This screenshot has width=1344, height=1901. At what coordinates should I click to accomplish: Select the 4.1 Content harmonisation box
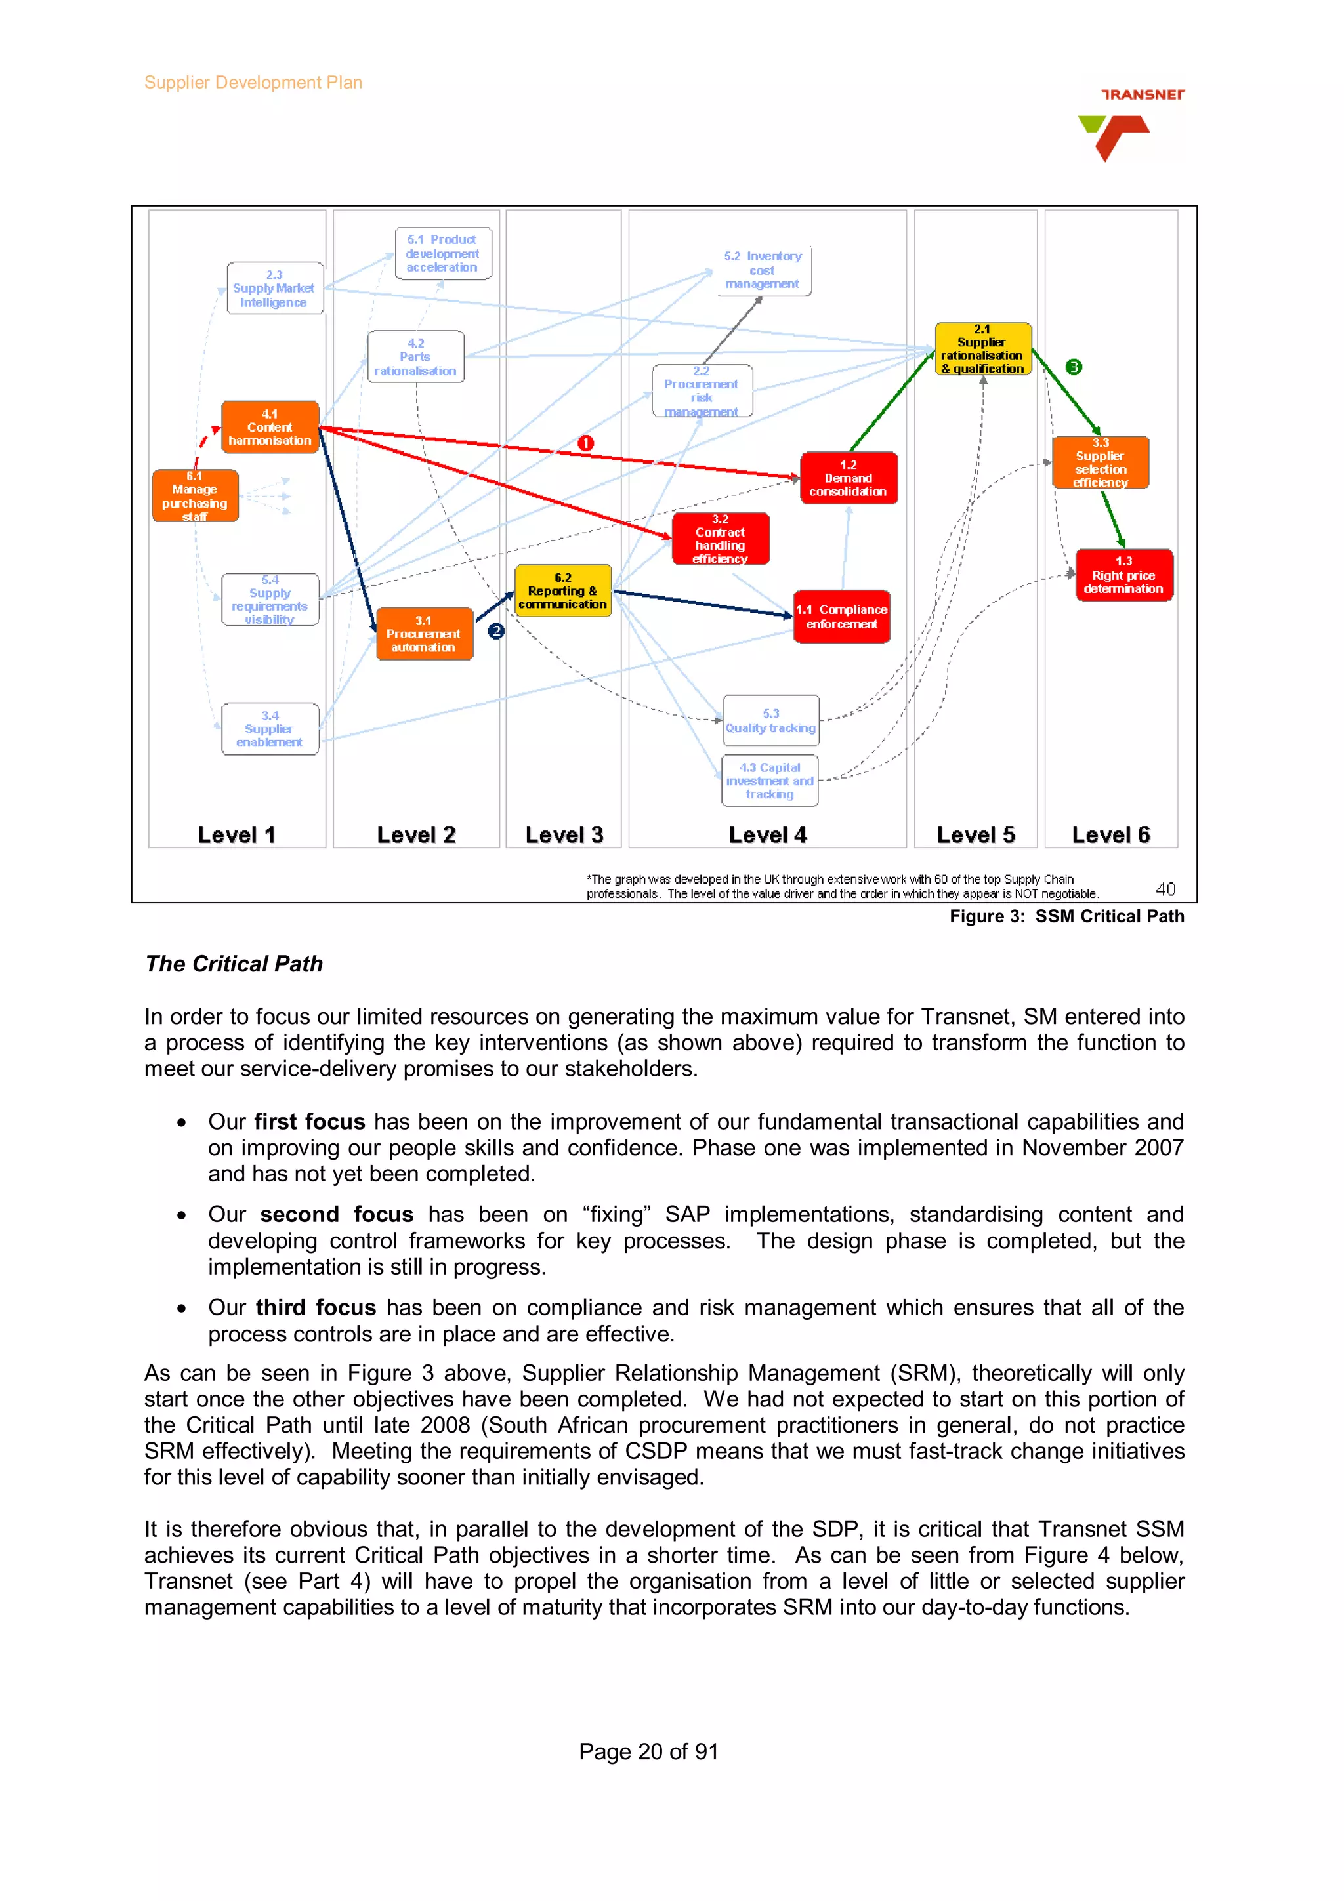pyautogui.click(x=270, y=427)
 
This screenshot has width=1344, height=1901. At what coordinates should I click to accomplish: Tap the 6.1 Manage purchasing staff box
pyautogui.click(x=195, y=496)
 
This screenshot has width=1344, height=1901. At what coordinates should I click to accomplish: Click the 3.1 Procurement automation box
pyautogui.click(x=424, y=634)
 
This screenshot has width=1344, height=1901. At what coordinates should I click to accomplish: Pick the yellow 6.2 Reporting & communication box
pyautogui.click(x=562, y=590)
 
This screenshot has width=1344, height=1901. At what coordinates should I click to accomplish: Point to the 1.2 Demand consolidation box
pyautogui.click(x=848, y=478)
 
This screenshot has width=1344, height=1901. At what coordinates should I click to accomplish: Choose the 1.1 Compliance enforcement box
pyautogui.click(x=841, y=616)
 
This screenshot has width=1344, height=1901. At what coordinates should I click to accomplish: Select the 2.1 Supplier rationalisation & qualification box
pyautogui.click(x=982, y=348)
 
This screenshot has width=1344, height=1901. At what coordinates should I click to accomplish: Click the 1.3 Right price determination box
pyautogui.click(x=1123, y=575)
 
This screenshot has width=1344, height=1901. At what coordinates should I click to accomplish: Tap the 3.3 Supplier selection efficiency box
pyautogui.click(x=1100, y=463)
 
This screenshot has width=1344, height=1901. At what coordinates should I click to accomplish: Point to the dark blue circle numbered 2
pyautogui.click(x=496, y=631)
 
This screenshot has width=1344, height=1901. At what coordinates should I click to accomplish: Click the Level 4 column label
pyautogui.click(x=766, y=834)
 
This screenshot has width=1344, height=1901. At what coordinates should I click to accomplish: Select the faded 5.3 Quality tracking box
pyautogui.click(x=770, y=720)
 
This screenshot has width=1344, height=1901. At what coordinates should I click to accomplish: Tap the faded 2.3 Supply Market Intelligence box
pyautogui.click(x=274, y=288)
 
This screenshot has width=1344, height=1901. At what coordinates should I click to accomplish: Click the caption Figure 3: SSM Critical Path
pyautogui.click(x=1066, y=916)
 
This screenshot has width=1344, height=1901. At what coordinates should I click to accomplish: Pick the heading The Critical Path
pyautogui.click(x=234, y=964)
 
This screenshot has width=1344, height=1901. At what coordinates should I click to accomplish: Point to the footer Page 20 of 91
pyautogui.click(x=648, y=1751)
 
